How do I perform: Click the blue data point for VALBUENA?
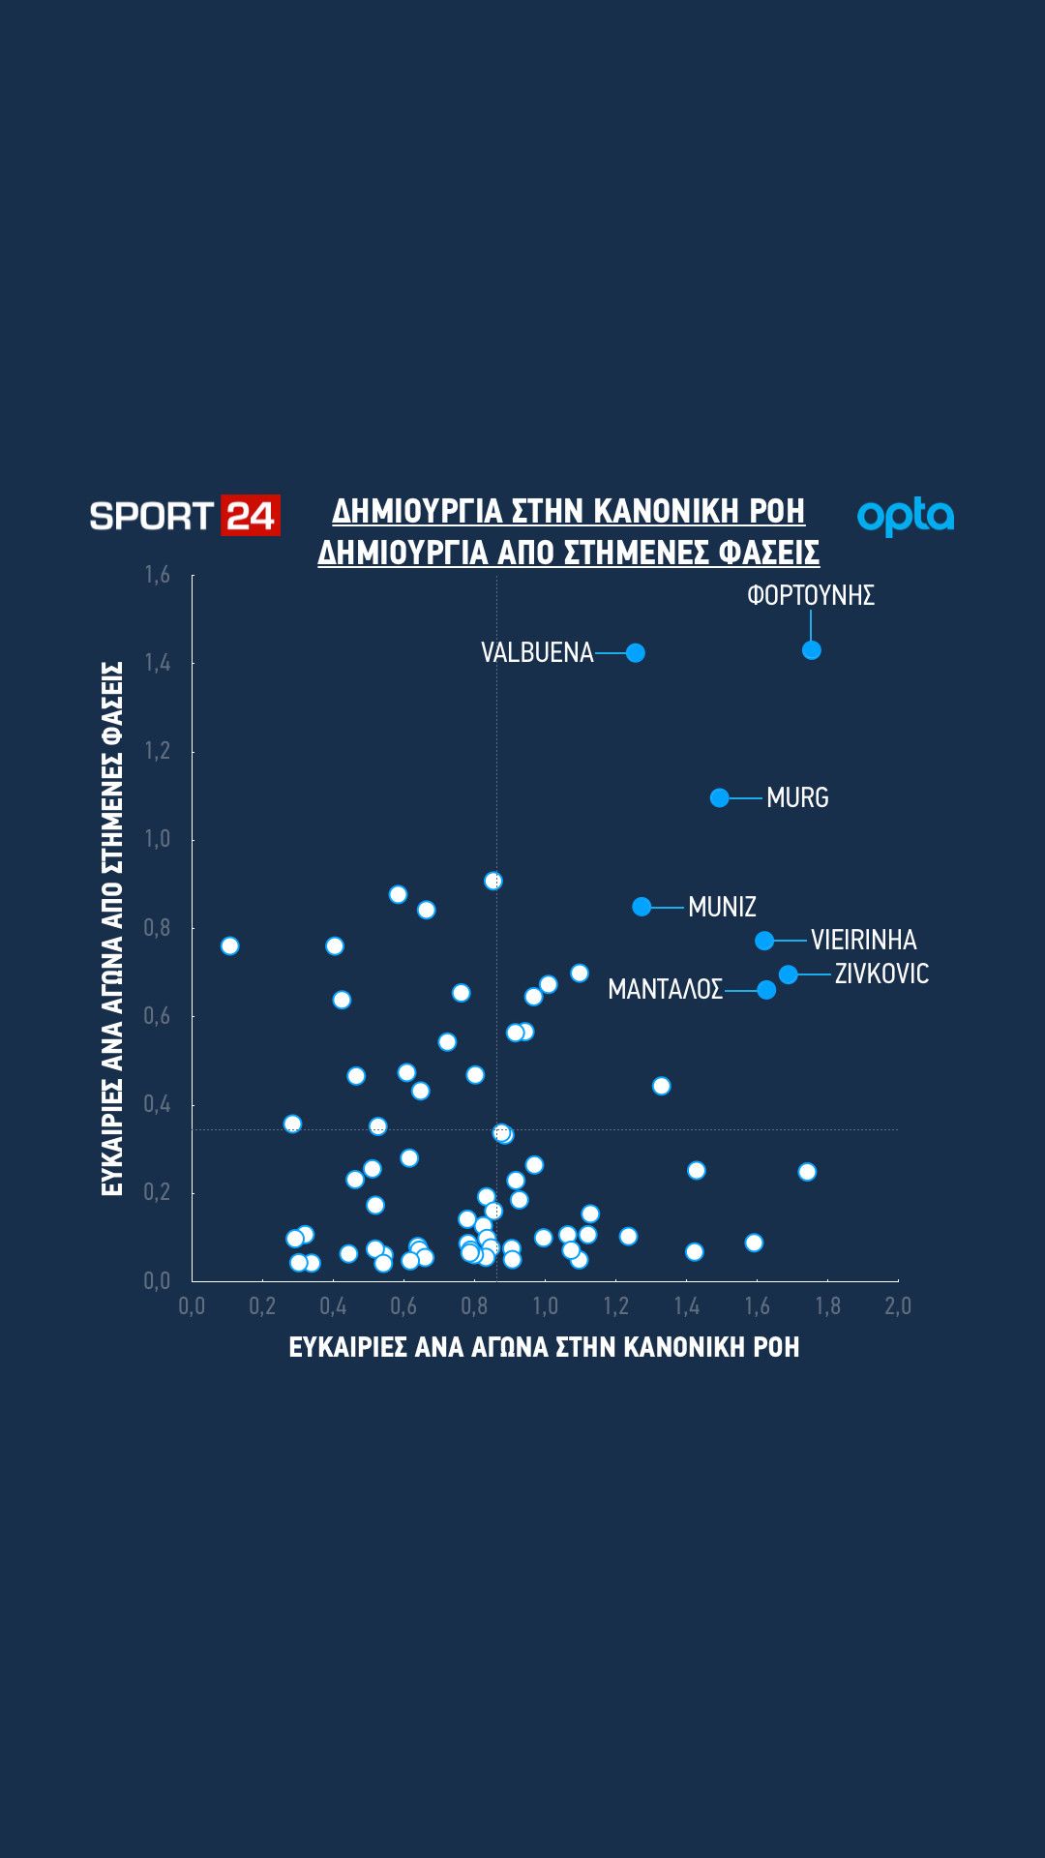point(636,653)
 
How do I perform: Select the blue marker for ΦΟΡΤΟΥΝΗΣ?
point(812,650)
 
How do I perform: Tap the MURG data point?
point(720,797)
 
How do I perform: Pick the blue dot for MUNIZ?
point(642,907)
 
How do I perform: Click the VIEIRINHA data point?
point(764,941)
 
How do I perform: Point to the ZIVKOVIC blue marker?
point(789,974)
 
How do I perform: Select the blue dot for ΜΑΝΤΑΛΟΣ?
point(766,990)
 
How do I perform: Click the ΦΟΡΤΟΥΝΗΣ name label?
point(811,595)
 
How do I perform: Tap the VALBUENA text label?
point(537,653)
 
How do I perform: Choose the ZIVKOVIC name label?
point(881,974)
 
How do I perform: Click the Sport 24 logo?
point(185,516)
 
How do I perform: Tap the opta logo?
point(906,517)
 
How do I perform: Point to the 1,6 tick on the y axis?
point(158,575)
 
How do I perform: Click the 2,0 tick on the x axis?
point(898,1306)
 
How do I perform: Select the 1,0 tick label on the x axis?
point(545,1306)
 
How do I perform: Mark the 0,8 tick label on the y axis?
point(158,928)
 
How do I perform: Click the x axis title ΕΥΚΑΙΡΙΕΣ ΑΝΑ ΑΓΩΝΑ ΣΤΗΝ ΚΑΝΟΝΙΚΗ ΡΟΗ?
point(545,1347)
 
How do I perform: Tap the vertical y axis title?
point(112,929)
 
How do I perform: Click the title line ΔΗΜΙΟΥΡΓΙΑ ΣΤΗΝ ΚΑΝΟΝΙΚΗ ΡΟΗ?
point(569,511)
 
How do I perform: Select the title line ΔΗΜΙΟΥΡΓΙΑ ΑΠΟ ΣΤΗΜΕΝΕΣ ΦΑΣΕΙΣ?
point(569,553)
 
